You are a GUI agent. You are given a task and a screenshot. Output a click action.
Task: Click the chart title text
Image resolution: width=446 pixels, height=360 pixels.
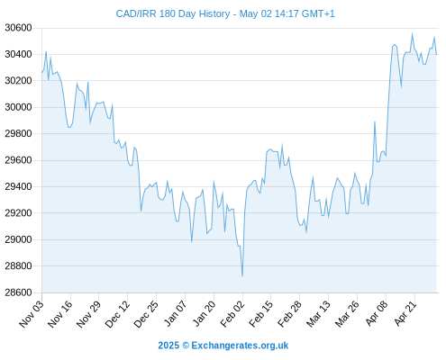225,13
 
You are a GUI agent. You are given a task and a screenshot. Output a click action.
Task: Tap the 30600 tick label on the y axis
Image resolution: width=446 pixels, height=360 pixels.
18,28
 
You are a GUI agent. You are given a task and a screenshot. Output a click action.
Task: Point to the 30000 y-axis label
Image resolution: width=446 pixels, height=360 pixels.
18,107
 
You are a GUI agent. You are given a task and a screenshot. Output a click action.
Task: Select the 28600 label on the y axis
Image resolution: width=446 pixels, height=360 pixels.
18,292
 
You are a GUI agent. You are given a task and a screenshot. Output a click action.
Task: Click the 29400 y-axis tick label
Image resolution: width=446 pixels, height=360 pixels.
18,186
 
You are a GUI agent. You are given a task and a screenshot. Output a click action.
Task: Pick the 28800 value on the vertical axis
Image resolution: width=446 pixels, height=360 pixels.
18,265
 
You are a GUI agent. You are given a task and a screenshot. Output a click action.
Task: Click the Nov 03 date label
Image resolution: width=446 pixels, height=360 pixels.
31,314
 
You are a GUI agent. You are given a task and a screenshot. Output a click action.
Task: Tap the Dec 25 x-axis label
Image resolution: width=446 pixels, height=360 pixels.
146,314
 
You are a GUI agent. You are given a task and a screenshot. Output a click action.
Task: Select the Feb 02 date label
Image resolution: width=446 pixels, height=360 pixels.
232,314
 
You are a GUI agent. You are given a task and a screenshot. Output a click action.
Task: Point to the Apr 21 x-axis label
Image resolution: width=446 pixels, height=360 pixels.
405,313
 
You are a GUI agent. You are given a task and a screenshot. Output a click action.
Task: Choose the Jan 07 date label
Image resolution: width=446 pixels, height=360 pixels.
175,314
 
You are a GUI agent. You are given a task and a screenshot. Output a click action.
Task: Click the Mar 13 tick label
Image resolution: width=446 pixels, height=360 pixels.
318,314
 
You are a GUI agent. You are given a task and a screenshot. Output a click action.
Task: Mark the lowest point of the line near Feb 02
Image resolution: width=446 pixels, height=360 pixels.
242,276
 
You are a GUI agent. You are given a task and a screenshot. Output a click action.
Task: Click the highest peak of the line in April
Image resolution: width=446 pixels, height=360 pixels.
412,33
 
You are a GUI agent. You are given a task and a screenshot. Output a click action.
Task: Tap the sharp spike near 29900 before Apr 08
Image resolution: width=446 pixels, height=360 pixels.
375,121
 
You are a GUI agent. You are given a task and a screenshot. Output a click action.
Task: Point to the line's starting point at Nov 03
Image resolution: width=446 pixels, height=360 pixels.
42,73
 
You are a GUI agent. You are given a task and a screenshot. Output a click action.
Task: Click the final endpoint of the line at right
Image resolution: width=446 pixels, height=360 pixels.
436,54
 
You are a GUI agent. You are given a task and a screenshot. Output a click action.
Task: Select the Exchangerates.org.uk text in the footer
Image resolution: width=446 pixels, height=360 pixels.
240,346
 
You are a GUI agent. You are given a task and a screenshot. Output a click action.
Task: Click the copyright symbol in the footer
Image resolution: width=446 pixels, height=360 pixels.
186,346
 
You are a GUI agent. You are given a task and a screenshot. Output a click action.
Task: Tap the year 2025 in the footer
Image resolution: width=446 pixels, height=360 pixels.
168,346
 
